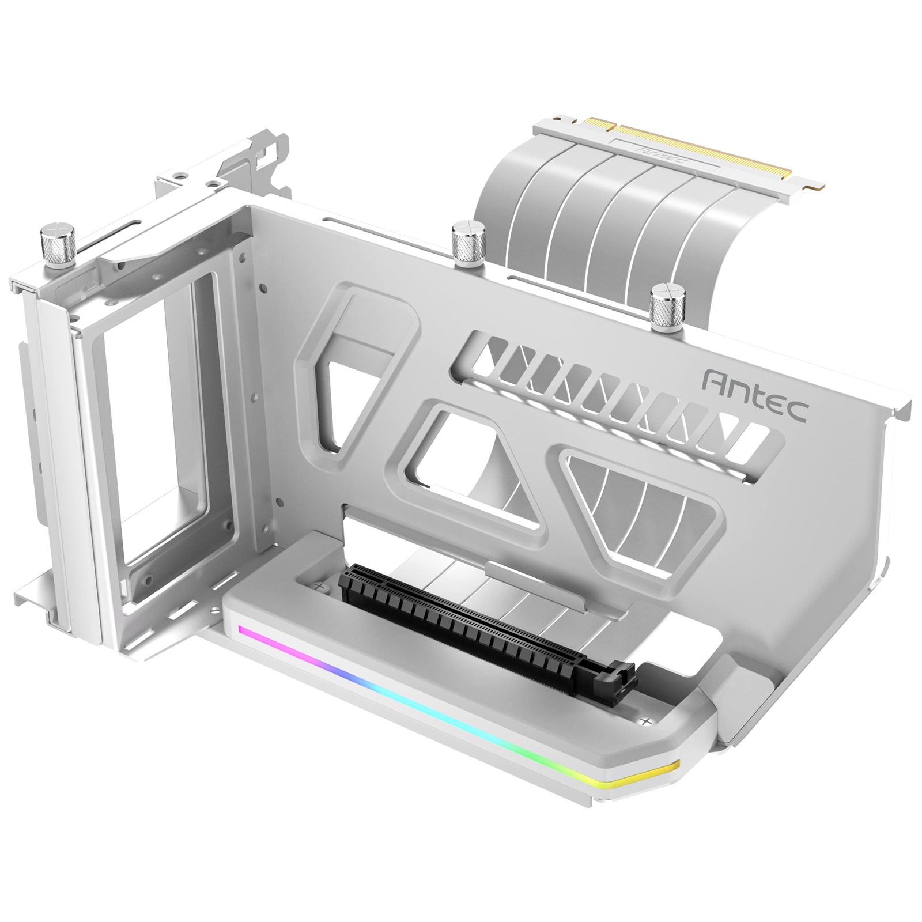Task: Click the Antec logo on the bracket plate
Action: (756, 392)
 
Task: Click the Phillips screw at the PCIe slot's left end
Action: (321, 584)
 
